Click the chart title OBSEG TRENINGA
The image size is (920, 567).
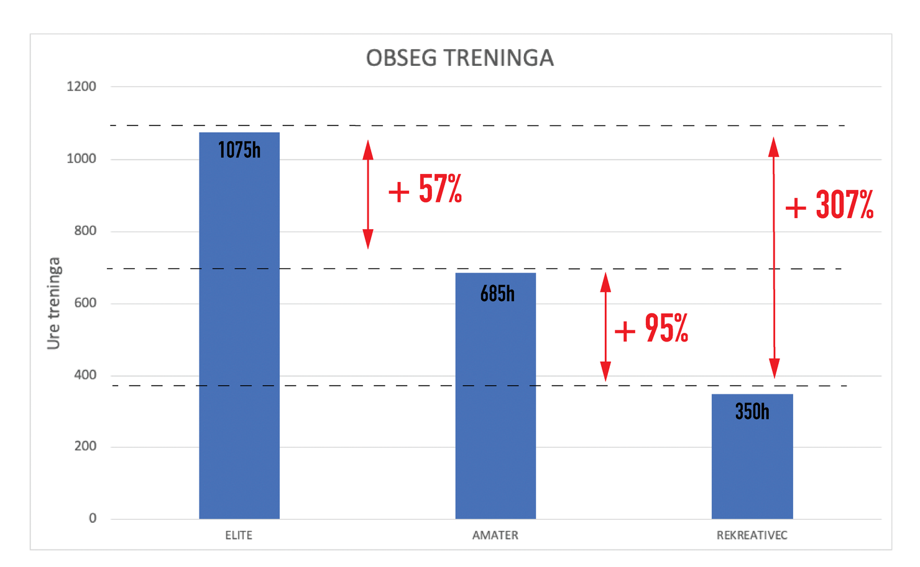(x=459, y=58)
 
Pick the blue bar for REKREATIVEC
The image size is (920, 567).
(x=752, y=466)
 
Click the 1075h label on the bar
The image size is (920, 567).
(x=239, y=150)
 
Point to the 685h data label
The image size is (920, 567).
(x=497, y=293)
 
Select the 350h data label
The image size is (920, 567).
(x=752, y=411)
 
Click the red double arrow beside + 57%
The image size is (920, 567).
(x=368, y=194)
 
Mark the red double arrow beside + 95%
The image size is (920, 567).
(x=605, y=327)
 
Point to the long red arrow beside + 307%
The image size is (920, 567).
(x=774, y=258)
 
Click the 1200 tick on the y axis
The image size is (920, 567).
(x=81, y=86)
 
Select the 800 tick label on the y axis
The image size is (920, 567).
(x=85, y=230)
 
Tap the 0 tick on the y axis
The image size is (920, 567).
(x=93, y=518)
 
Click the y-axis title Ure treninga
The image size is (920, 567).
(x=54, y=303)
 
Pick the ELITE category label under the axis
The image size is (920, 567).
(x=239, y=535)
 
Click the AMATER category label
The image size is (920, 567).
(x=495, y=535)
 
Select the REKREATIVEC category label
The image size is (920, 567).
(x=752, y=535)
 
